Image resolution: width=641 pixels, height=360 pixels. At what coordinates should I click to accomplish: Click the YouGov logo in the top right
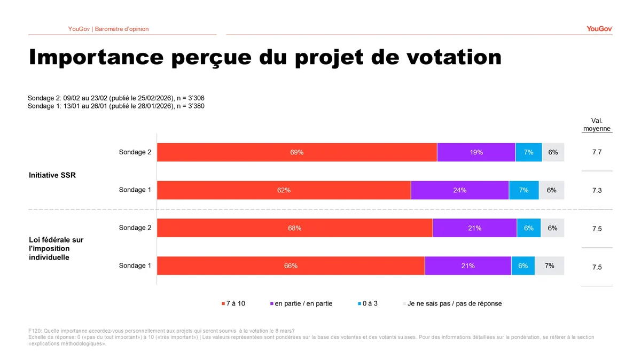pyautogui.click(x=599, y=29)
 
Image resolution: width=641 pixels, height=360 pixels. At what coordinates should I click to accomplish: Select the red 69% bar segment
pyautogui.click(x=296, y=152)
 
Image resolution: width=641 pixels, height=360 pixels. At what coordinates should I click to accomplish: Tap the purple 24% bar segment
pyautogui.click(x=459, y=190)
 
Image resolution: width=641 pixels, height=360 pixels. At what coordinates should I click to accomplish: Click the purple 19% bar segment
pyautogui.click(x=476, y=152)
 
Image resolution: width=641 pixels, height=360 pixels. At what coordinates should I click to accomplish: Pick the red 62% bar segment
pyautogui.click(x=284, y=190)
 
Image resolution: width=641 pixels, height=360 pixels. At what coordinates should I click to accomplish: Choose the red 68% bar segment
pyautogui.click(x=294, y=228)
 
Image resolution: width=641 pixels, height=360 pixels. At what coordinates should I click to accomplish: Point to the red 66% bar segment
pyautogui.click(x=291, y=266)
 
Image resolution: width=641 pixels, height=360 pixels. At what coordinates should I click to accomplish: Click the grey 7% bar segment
pyautogui.click(x=549, y=266)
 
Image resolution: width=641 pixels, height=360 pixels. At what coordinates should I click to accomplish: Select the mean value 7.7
pyautogui.click(x=597, y=152)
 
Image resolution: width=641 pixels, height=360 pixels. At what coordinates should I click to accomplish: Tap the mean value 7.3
pyautogui.click(x=597, y=191)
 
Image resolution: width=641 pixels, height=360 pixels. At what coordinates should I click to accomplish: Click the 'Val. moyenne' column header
pyautogui.click(x=597, y=125)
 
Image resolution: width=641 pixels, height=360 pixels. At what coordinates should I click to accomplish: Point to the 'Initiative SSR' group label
pyautogui.click(x=52, y=175)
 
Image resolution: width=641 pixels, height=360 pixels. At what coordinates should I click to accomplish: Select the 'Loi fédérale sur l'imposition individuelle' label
pyautogui.click(x=56, y=248)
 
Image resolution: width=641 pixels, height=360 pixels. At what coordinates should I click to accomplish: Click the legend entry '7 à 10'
pyautogui.click(x=233, y=303)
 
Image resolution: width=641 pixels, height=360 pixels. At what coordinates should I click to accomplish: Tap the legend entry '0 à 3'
pyautogui.click(x=368, y=303)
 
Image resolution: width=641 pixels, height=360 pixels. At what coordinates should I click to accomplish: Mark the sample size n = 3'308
pyautogui.click(x=190, y=98)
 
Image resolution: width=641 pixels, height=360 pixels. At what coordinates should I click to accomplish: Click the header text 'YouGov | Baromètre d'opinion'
pyautogui.click(x=108, y=29)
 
